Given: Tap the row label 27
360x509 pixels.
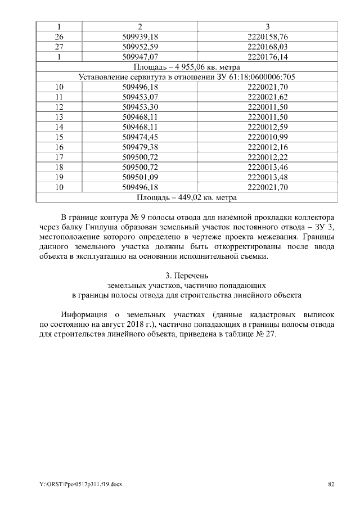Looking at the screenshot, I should click(60, 47).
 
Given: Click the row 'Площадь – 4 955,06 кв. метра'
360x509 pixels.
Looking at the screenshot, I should click(187, 67).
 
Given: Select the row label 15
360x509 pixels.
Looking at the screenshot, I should click(60, 137).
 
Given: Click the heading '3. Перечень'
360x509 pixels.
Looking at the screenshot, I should click(187, 276).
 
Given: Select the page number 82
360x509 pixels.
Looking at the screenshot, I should click(331, 484).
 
